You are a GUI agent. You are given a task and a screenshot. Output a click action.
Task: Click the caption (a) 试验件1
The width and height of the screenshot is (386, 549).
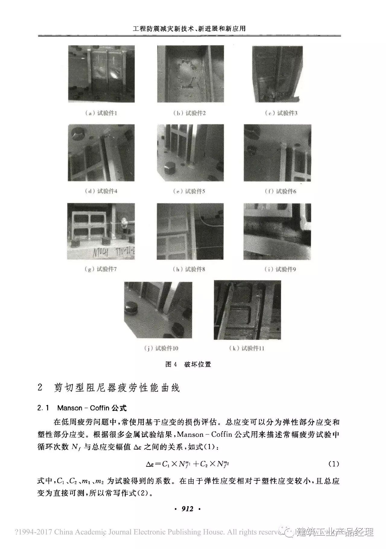click(x=101, y=113)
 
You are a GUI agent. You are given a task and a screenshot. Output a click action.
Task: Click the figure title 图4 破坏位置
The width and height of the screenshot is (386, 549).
click(x=188, y=364)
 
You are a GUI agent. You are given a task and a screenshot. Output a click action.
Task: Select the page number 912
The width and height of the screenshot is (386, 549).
click(x=187, y=509)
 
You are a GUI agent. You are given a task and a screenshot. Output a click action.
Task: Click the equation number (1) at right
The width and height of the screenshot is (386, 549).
click(x=334, y=464)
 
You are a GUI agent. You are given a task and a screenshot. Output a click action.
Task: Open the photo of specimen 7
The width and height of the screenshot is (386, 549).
click(x=101, y=231)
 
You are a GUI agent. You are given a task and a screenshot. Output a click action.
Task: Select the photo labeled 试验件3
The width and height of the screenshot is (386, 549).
click(x=277, y=74)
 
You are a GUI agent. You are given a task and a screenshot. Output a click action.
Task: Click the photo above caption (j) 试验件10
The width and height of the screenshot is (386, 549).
click(x=158, y=310)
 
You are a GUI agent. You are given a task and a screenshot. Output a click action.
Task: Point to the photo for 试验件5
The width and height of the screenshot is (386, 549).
click(x=190, y=153)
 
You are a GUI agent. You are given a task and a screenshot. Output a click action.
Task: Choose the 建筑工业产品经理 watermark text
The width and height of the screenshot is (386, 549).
click(x=335, y=532)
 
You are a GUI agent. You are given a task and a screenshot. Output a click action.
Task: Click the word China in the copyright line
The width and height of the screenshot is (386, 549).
click(x=64, y=532)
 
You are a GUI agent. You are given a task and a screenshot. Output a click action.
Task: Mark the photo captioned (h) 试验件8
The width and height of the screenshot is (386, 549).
click(x=190, y=231)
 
